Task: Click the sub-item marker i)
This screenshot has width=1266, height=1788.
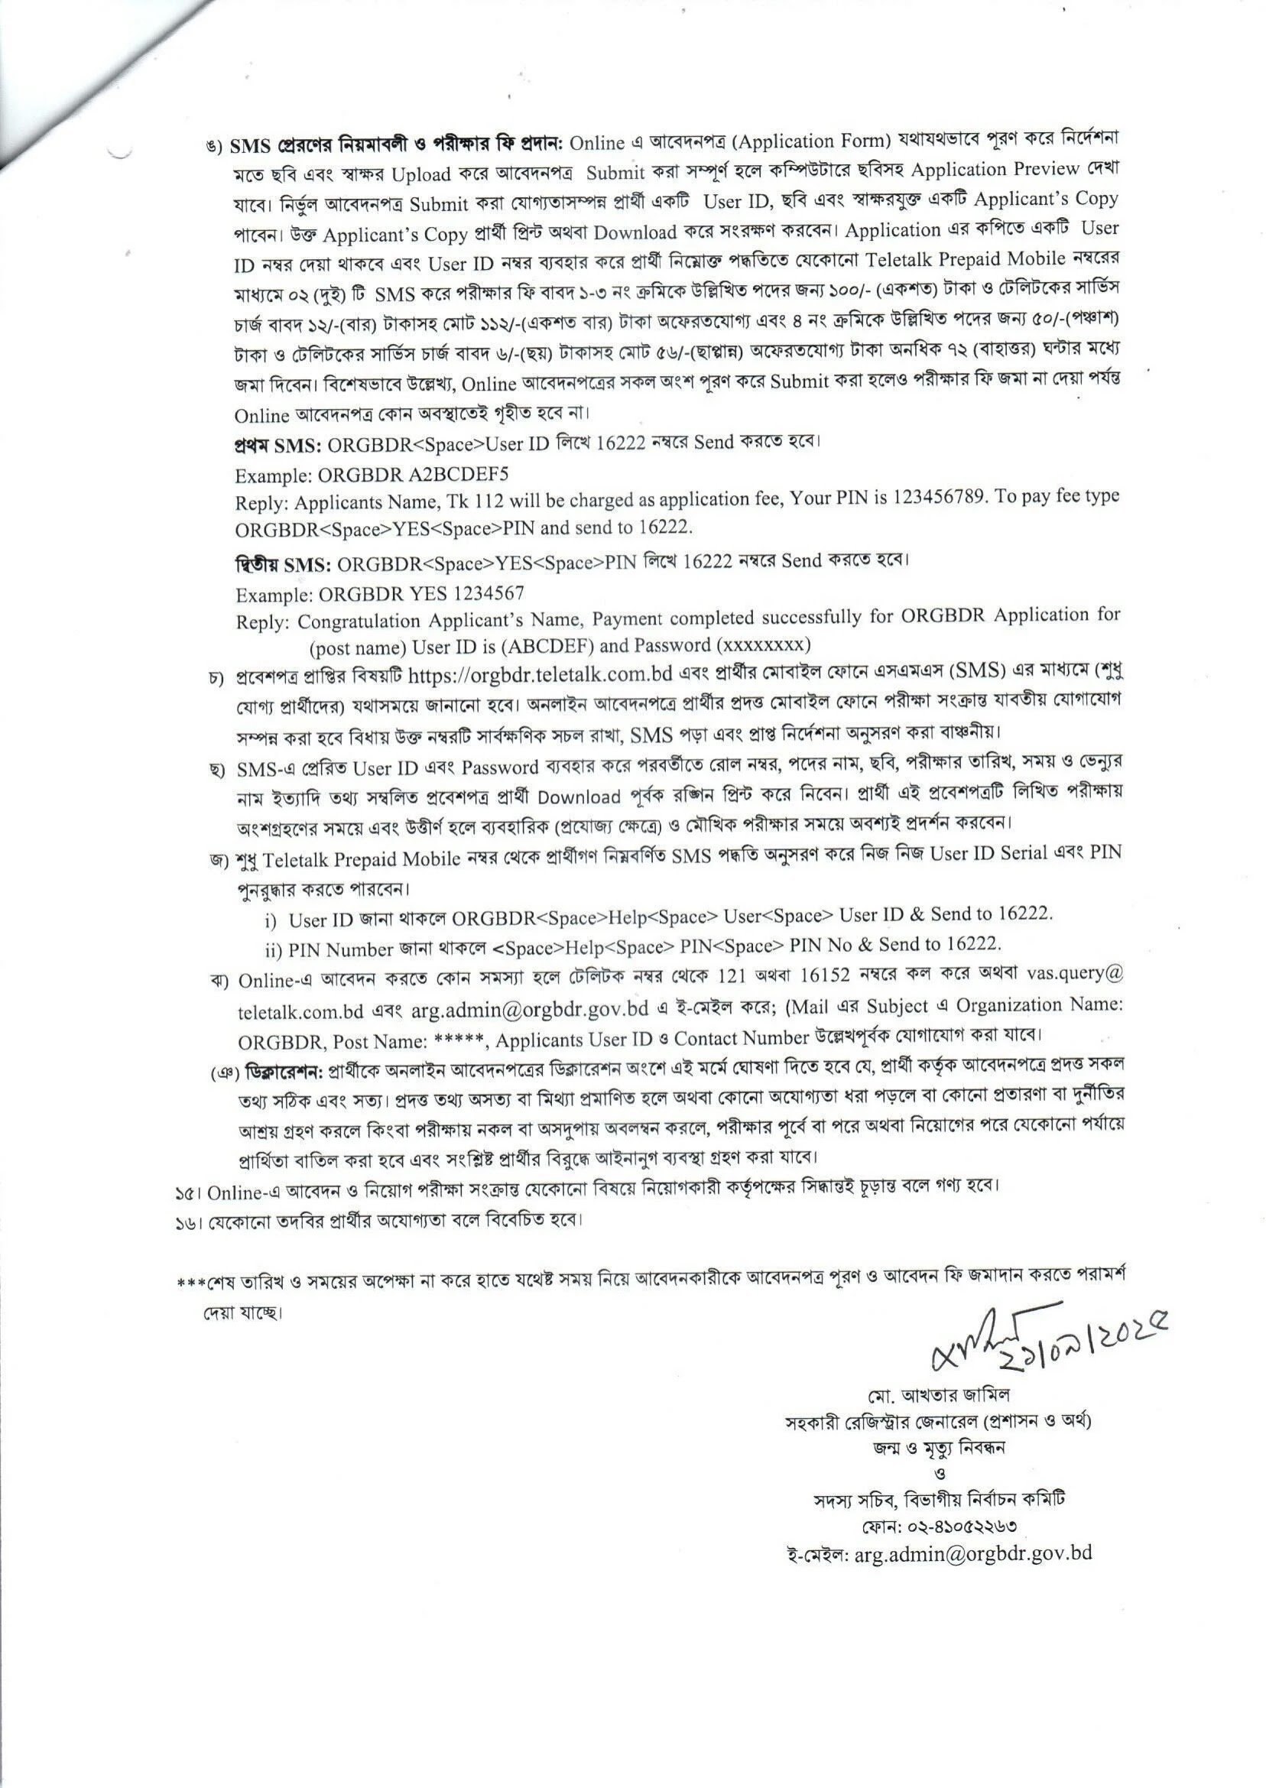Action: click(271, 920)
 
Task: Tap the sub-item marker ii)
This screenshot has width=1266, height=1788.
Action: click(273, 950)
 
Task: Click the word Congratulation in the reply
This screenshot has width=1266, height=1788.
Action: click(362, 621)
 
